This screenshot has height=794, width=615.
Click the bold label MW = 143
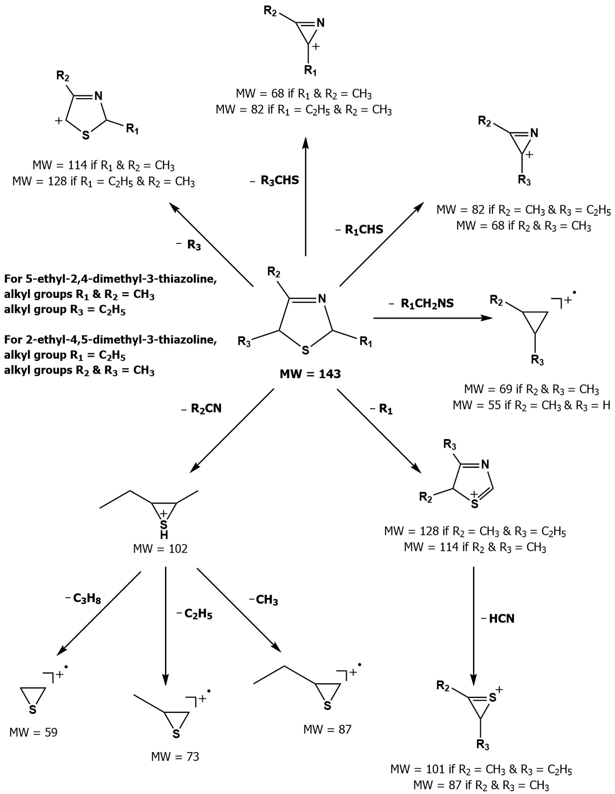pyautogui.click(x=310, y=374)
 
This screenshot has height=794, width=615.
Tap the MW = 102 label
pyautogui.click(x=160, y=549)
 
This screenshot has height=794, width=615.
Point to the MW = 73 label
pyautogui.click(x=175, y=757)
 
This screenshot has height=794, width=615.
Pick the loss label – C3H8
pyautogui.click(x=83, y=598)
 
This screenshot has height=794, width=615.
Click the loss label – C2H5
pyautogui.click(x=194, y=614)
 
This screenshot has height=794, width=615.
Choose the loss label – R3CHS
pyautogui.click(x=275, y=180)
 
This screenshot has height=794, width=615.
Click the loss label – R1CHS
pyautogui.click(x=360, y=230)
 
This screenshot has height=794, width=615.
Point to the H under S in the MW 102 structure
pyautogui.click(x=164, y=535)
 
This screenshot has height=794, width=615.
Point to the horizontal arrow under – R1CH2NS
pyautogui.click(x=432, y=318)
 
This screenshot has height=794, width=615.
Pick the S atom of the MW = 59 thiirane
pyautogui.click(x=33, y=710)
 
